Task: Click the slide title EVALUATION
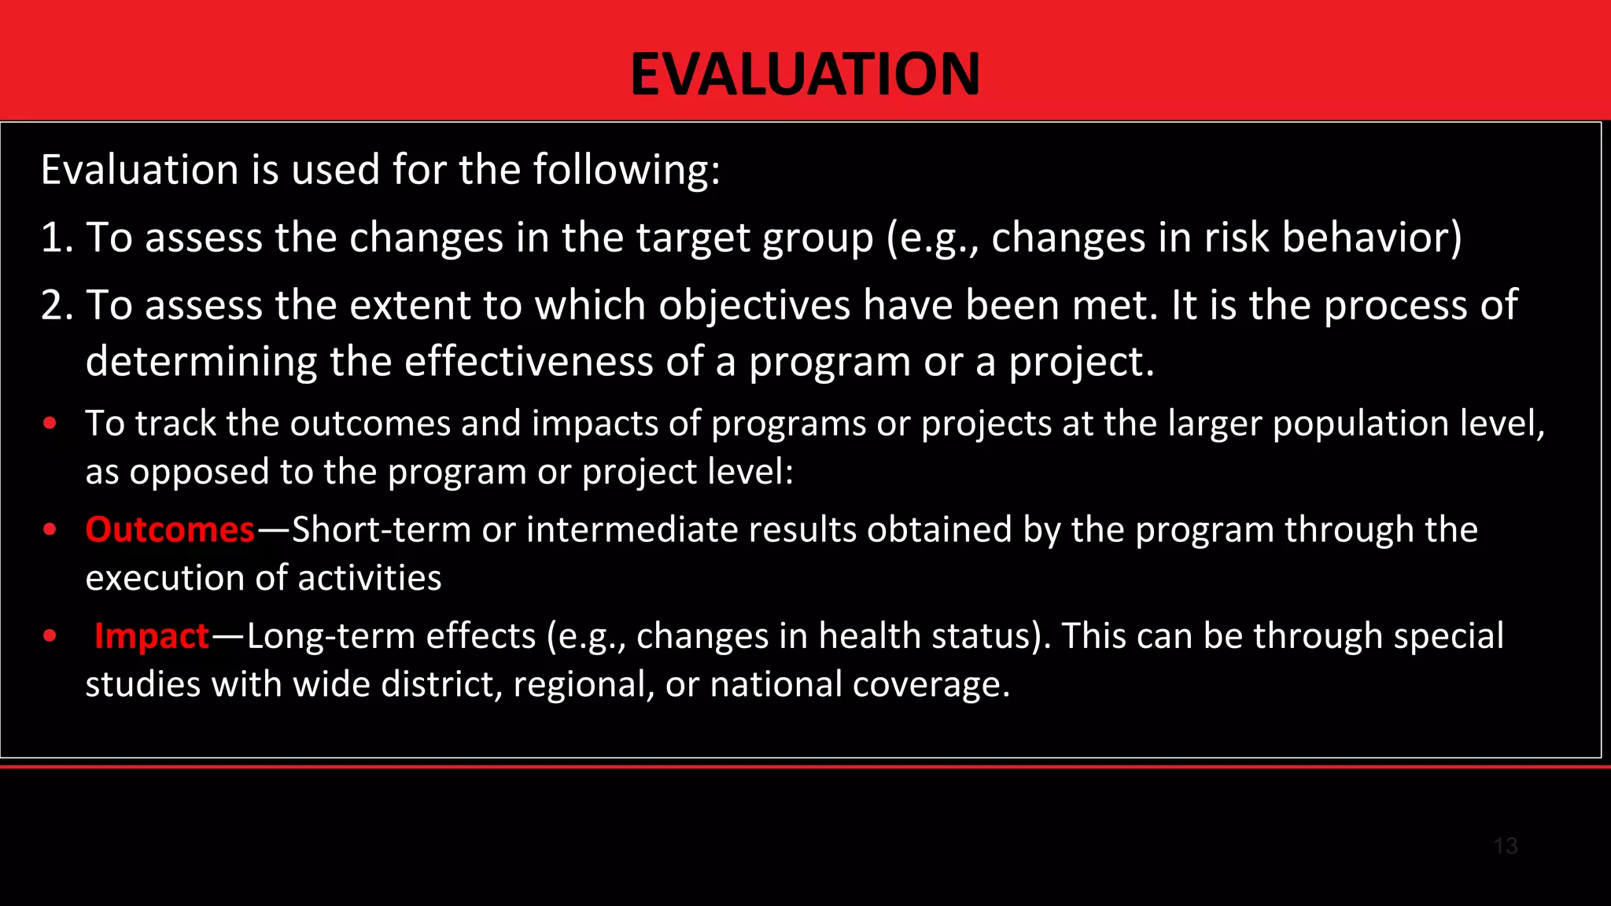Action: pos(805,74)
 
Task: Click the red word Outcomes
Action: pos(170,529)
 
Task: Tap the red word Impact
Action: pos(151,635)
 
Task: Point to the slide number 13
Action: pos(1505,846)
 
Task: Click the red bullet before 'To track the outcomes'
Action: pos(50,423)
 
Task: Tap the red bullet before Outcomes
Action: pos(50,529)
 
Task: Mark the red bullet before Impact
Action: pos(50,635)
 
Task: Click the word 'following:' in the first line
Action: pos(626,170)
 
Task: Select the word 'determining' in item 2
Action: pos(201,362)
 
